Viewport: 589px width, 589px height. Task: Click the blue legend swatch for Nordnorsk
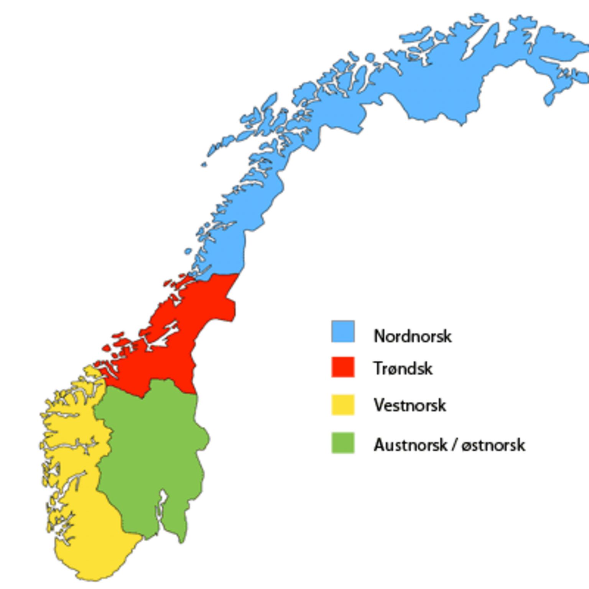343,331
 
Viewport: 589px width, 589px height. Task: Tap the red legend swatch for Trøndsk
343,367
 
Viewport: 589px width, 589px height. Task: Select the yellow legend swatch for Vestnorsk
343,405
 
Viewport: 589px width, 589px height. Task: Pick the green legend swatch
343,443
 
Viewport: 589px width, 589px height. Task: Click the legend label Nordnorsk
413,336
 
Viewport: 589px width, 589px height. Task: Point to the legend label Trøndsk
403,369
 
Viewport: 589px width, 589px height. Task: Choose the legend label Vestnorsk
410,405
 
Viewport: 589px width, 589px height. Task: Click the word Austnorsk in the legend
410,445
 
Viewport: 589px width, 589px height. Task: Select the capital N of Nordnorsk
380,336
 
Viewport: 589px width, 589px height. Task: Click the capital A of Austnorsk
379,445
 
